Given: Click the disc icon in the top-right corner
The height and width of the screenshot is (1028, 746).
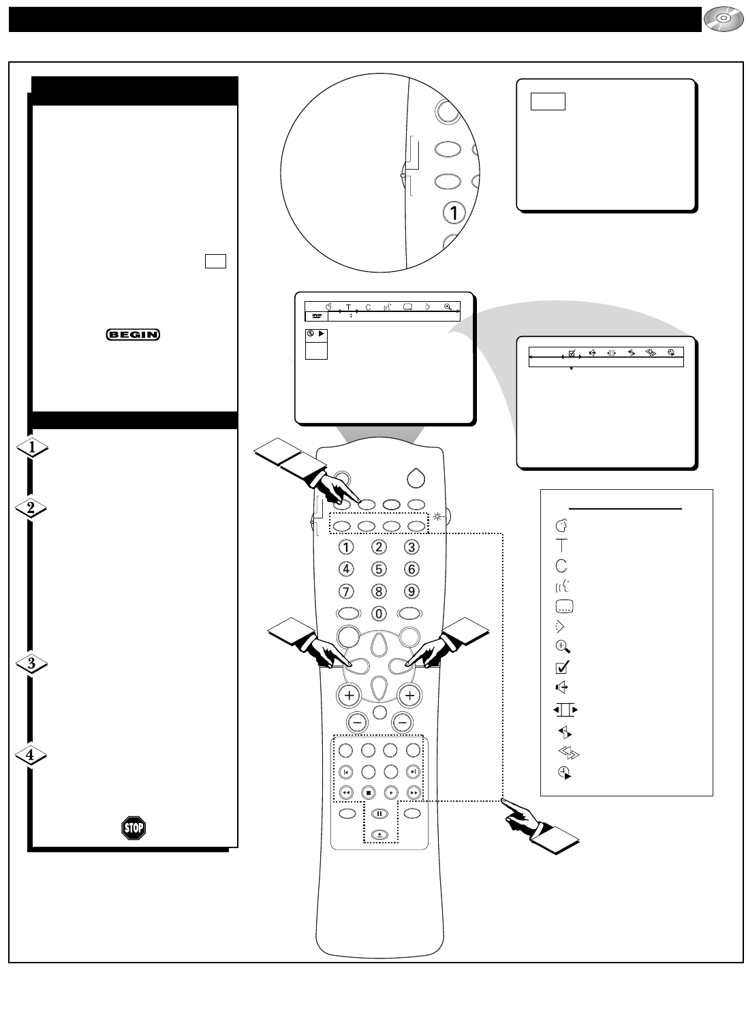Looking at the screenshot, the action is pyautogui.click(x=720, y=20).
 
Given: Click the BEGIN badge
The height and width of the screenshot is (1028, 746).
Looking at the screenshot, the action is pyautogui.click(x=133, y=334).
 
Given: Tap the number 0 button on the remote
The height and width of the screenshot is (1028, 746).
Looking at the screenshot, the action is pyautogui.click(x=379, y=612).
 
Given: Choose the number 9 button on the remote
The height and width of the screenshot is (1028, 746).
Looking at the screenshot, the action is pyautogui.click(x=411, y=591).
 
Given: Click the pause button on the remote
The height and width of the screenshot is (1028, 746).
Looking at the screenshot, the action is pyautogui.click(x=379, y=813).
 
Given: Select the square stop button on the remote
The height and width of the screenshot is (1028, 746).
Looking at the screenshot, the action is pyautogui.click(x=368, y=793).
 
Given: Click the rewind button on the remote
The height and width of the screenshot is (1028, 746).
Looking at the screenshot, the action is pyautogui.click(x=346, y=793).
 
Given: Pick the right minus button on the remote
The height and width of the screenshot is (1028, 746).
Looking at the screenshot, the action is pyautogui.click(x=403, y=721).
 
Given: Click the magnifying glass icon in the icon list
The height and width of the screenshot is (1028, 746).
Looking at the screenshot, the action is pyautogui.click(x=562, y=648).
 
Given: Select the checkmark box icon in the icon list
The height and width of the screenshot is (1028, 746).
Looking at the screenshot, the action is pyautogui.click(x=563, y=668).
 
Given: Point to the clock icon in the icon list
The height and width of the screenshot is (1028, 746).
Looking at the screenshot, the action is pyautogui.click(x=563, y=773).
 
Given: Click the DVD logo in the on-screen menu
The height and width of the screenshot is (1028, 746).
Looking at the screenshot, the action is pyautogui.click(x=316, y=316).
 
